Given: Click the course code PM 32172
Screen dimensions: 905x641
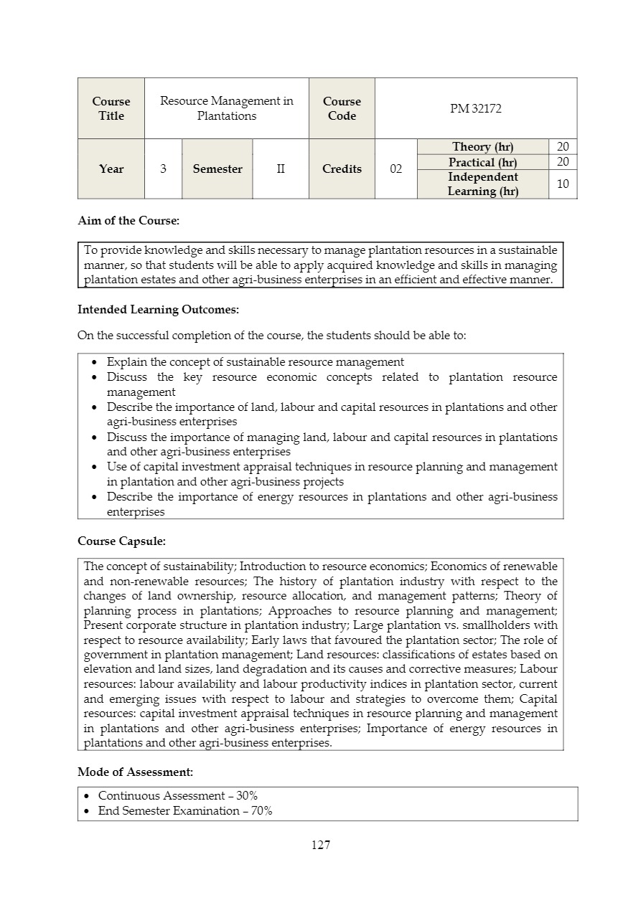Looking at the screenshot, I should tap(476, 108).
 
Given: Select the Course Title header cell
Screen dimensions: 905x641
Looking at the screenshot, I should tap(111, 108).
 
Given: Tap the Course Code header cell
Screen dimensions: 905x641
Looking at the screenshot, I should tap(342, 108).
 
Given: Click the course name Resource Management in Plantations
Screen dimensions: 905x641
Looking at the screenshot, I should tap(226, 108).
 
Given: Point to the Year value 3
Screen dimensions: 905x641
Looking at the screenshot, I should tap(163, 169).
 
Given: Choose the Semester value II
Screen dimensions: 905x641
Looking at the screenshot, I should tap(281, 169).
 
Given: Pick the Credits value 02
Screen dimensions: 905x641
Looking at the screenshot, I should tap(396, 169).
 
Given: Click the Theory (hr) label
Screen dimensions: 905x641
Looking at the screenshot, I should tap(482, 147).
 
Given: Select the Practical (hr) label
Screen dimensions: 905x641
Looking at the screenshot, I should tap(482, 163).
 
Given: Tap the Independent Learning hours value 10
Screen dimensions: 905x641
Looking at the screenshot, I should tap(563, 184).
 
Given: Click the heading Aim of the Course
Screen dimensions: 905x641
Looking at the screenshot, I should tap(128, 221).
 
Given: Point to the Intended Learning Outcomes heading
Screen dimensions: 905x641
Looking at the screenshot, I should tap(158, 310).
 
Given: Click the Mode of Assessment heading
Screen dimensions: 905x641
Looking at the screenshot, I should tap(135, 772).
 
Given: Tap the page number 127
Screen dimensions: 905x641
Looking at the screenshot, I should tap(321, 845).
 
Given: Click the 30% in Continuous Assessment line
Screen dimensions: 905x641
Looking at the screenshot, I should tap(247, 796).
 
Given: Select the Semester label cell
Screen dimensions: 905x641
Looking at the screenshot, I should tap(217, 169).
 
